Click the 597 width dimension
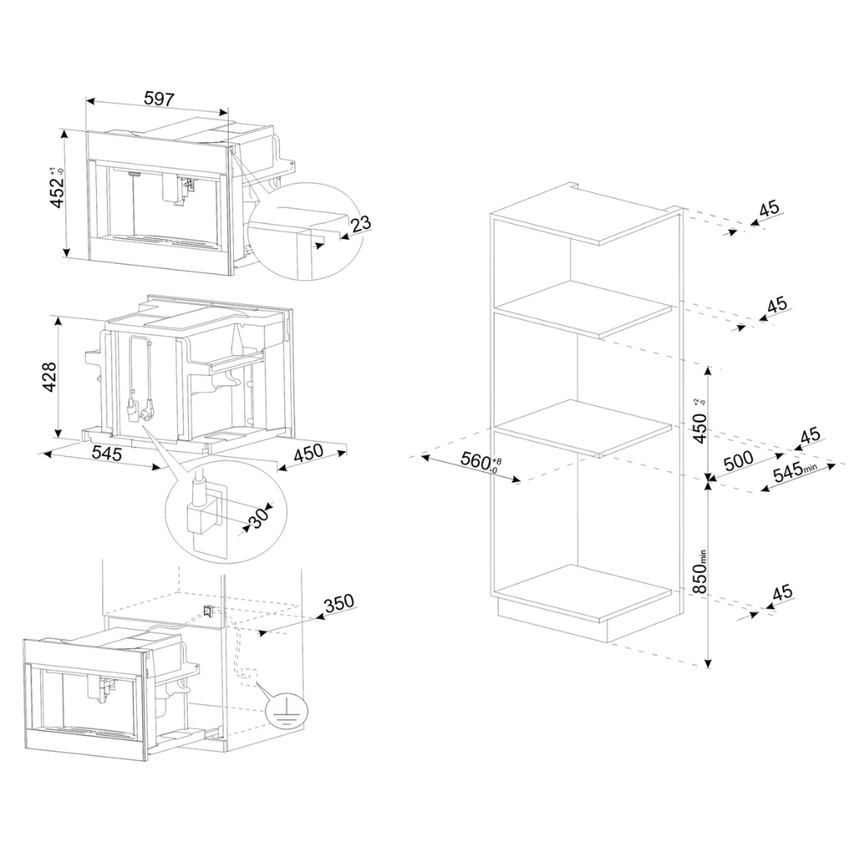pos(159,100)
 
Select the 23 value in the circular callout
pos(360,223)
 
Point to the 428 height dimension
pos(49,377)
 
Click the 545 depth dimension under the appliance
pos(106,454)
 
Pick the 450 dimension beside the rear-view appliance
pos(308,454)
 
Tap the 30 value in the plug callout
pos(259,518)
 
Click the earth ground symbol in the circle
pos(287,711)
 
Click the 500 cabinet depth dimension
pos(739,460)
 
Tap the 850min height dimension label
pos(700,572)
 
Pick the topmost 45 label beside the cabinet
pos(768,208)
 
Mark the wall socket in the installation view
pos(208,610)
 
